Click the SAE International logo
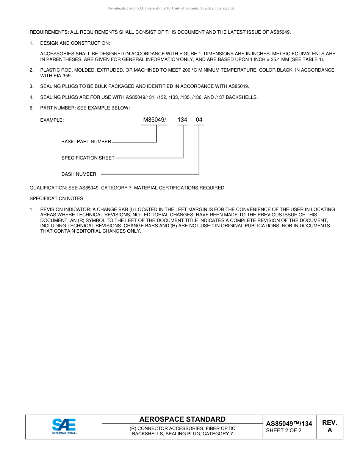[x=64, y=427]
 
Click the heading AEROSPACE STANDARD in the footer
[x=182, y=419]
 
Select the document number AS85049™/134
[x=289, y=424]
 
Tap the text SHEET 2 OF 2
[x=283, y=430]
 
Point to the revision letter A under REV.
[x=329, y=430]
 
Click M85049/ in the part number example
[x=154, y=120]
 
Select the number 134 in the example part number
[x=182, y=120]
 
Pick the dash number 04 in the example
[x=199, y=120]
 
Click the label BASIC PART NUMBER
[x=86, y=142]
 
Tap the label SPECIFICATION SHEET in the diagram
[x=88, y=158]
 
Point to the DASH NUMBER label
[x=79, y=174]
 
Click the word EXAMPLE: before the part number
[x=52, y=120]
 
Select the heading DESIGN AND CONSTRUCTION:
[x=75, y=43]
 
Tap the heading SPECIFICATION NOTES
[x=56, y=199]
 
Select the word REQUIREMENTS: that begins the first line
[x=49, y=32]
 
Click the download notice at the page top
[x=171, y=8]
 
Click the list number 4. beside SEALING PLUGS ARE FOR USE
[x=31, y=97]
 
